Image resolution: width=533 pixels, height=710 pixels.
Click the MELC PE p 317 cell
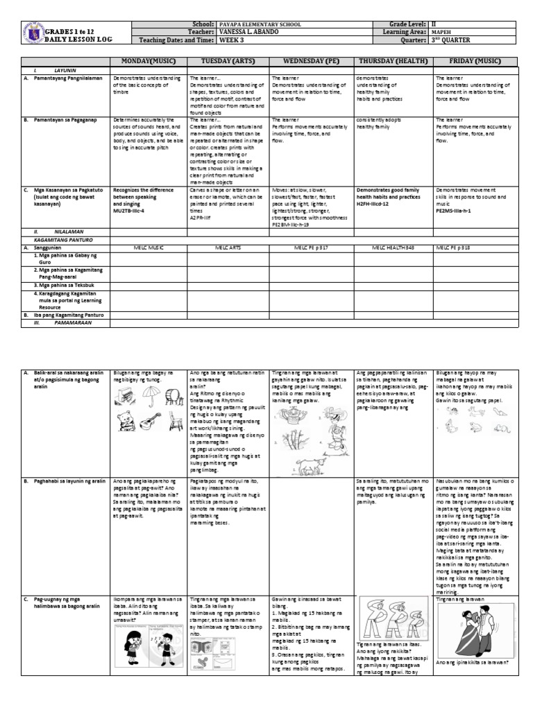tap(312, 245)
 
